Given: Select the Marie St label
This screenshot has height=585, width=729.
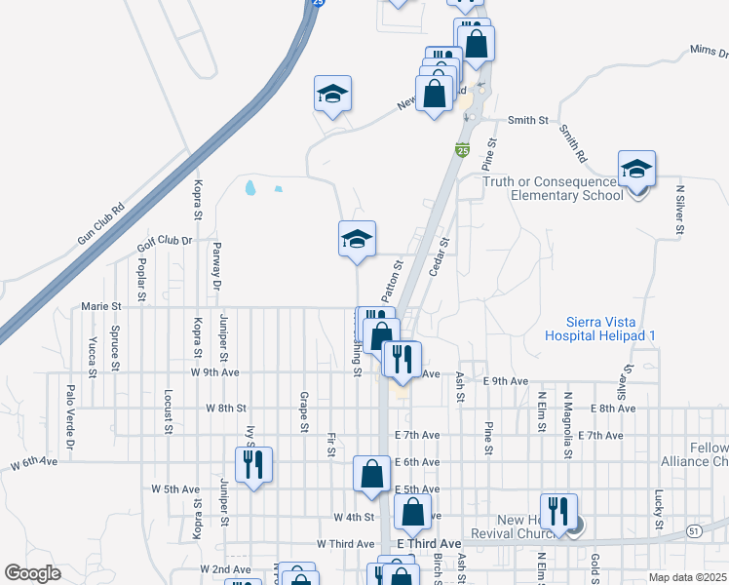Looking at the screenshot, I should click(100, 305).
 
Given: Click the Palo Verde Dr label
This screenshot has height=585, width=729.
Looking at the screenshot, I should click(70, 408).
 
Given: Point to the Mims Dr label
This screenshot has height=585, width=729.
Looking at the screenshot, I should click(709, 49).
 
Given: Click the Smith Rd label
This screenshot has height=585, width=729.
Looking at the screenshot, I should click(573, 143).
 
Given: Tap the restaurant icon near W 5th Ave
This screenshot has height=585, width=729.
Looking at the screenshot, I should click(253, 464).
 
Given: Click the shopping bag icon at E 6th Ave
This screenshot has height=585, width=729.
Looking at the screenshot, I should click(371, 474).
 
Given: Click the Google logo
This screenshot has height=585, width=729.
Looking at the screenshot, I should click(32, 573).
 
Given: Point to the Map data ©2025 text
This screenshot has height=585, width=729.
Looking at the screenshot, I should click(686, 577).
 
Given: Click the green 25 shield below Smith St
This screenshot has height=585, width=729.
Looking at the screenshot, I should click(463, 150).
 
